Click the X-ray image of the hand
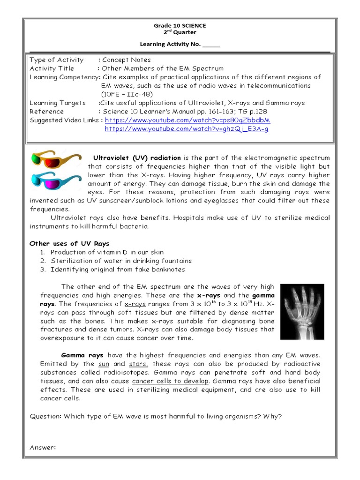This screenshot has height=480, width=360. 302,311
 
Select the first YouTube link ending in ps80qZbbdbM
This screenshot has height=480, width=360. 187,120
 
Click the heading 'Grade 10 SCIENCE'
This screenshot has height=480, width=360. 180,26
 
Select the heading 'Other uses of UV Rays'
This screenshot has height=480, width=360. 69,244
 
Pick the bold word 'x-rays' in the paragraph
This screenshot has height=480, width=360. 209,296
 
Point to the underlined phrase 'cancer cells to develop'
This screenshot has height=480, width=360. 170,381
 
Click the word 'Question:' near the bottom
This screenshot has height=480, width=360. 45,416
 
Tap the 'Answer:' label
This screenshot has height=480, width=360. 43,447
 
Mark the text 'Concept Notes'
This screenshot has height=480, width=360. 127,60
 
